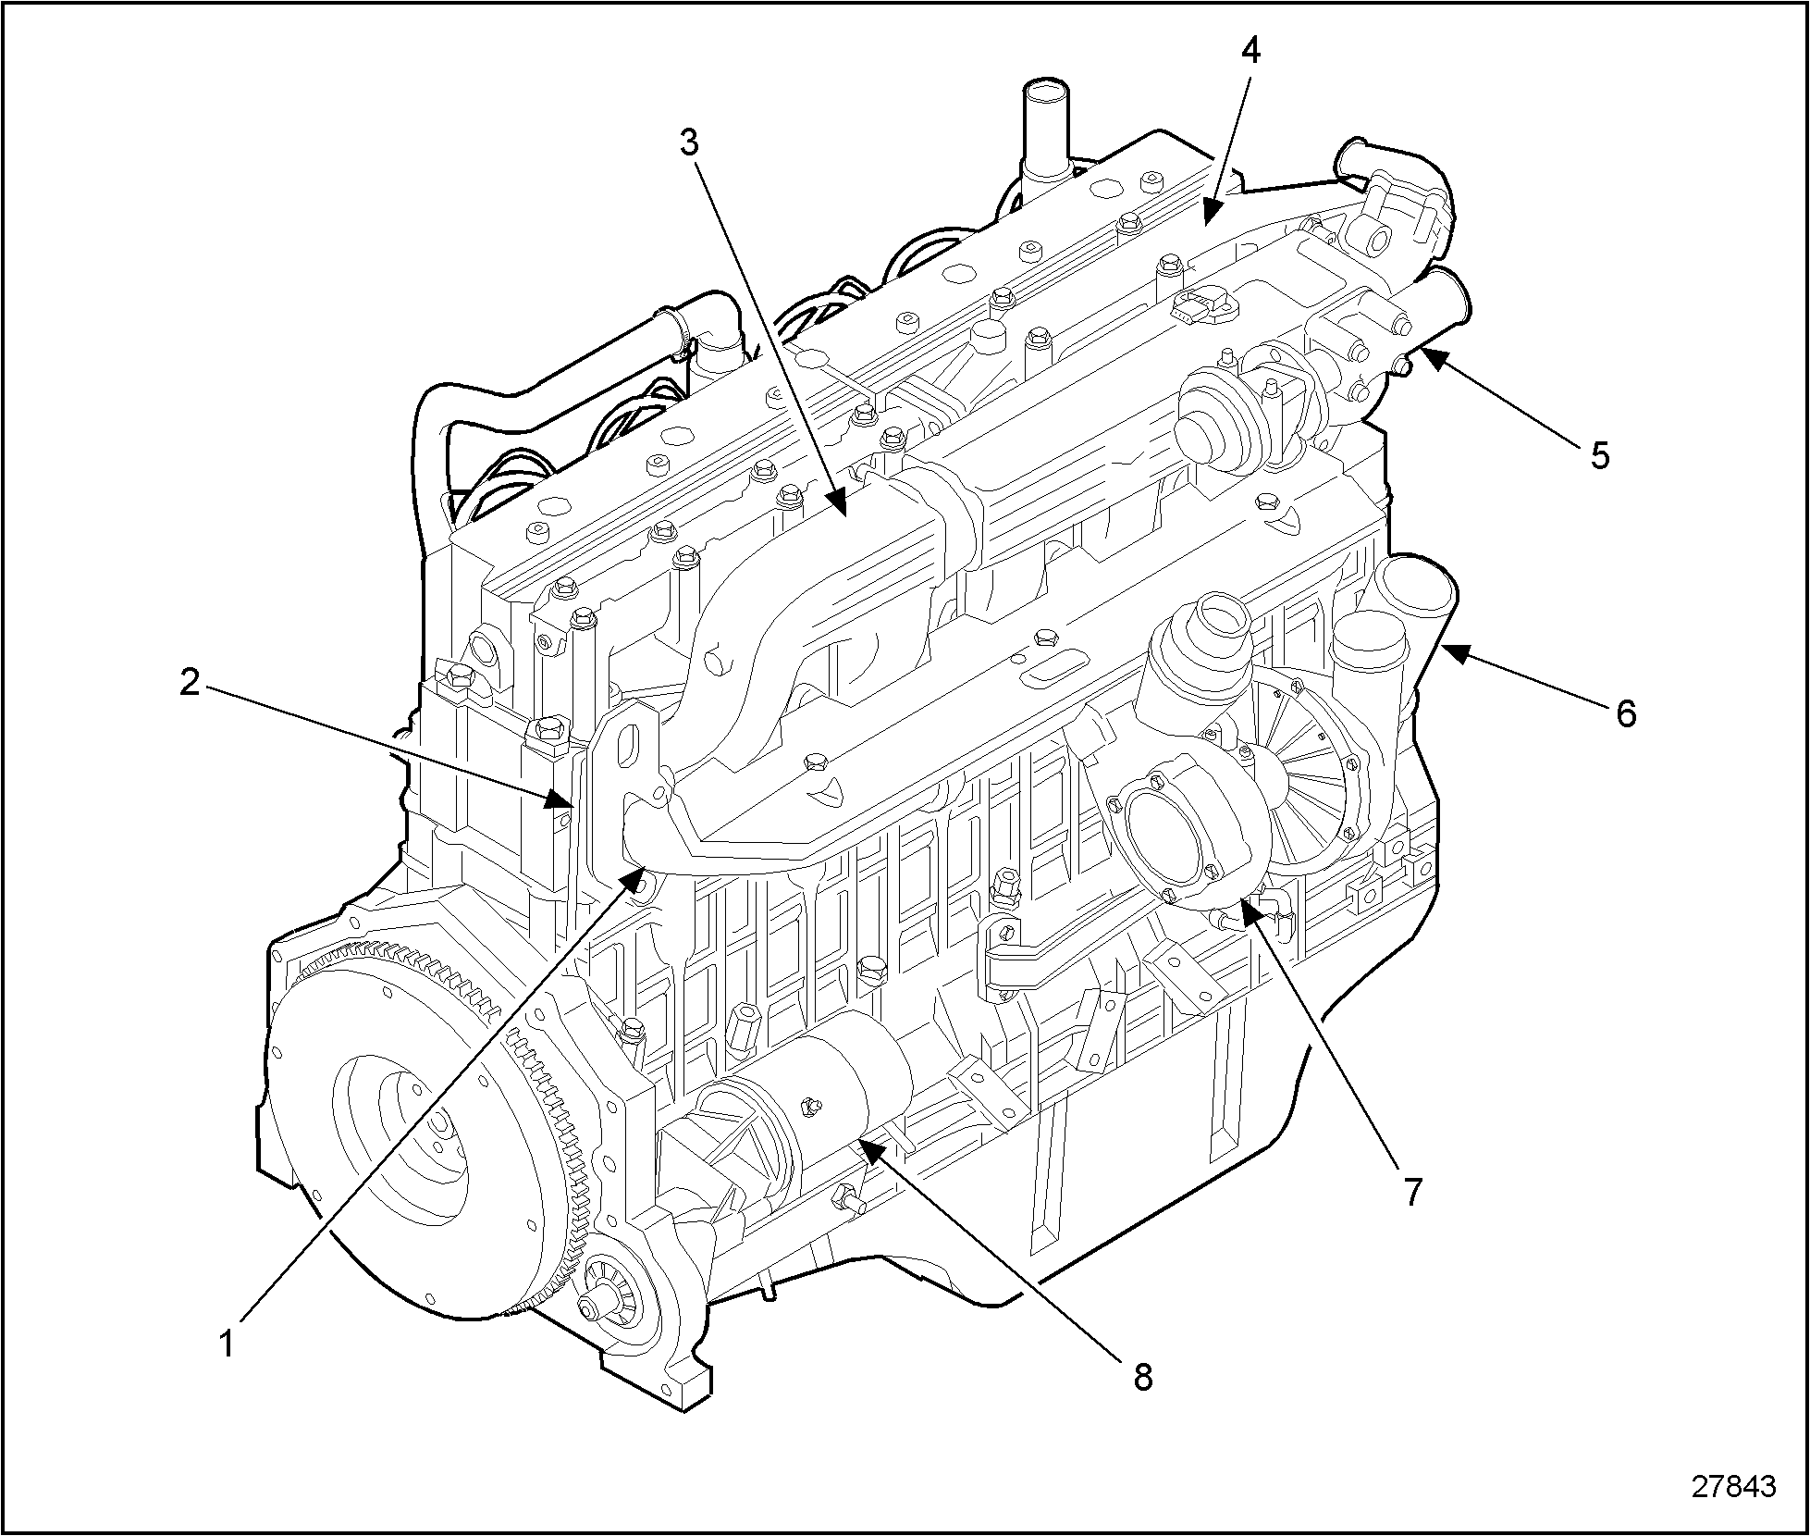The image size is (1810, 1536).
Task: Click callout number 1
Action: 227,1344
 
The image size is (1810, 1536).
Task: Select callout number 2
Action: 191,684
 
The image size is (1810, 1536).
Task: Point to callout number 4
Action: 1250,52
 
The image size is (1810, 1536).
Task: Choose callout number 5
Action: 1599,455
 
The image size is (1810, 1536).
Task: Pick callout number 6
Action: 1625,713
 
